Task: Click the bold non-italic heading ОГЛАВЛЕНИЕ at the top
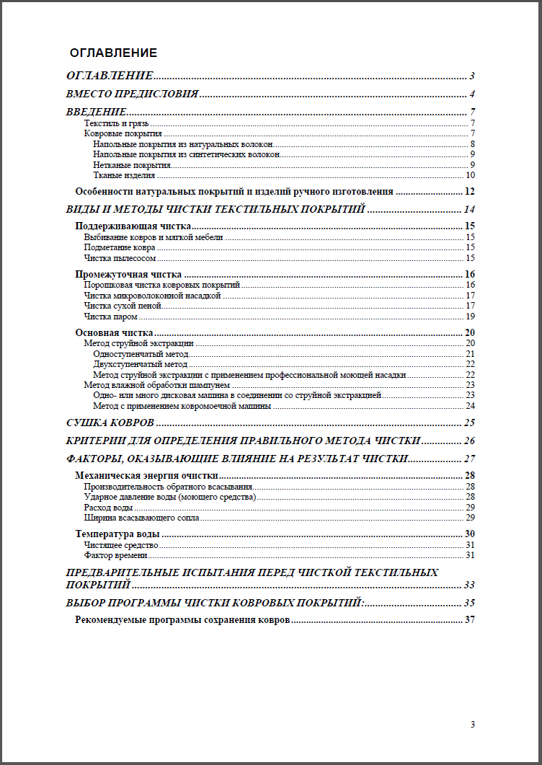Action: pos(113,53)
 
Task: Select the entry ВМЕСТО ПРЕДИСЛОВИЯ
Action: pos(132,94)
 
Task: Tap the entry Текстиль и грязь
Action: pos(116,123)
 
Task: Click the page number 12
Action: pos(470,192)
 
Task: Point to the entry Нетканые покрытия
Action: pos(127,164)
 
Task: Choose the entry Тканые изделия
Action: pos(123,174)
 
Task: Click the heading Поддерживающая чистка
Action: pos(133,226)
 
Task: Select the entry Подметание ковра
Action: pos(119,247)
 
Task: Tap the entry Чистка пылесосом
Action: pos(120,257)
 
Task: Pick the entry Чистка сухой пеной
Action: pos(122,306)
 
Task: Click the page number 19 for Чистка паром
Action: pos(470,316)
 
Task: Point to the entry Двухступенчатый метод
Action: pos(140,364)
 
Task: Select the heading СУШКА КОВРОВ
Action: pos(110,423)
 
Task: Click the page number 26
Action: pos(470,441)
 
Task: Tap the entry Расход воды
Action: pos(108,508)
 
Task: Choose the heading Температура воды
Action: pos(117,534)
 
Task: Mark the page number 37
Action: pos(470,620)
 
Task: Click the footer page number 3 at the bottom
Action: pos(473,725)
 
